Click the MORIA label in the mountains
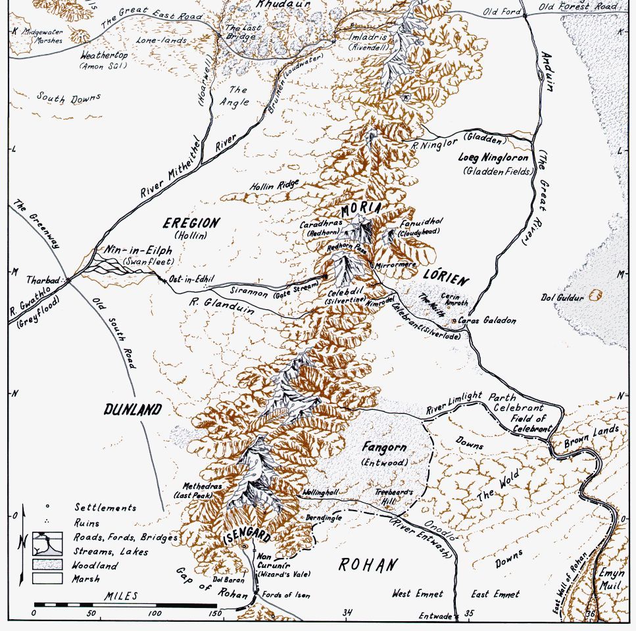click(361, 209)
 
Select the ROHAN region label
click(368, 565)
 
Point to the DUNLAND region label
click(132, 410)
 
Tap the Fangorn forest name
click(384, 447)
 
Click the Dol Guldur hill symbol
click(597, 294)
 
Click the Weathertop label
click(104, 56)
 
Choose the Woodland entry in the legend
click(96, 565)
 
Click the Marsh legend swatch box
click(48, 578)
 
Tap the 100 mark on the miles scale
click(155, 613)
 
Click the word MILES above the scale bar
click(121, 595)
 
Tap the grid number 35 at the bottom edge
click(468, 613)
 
